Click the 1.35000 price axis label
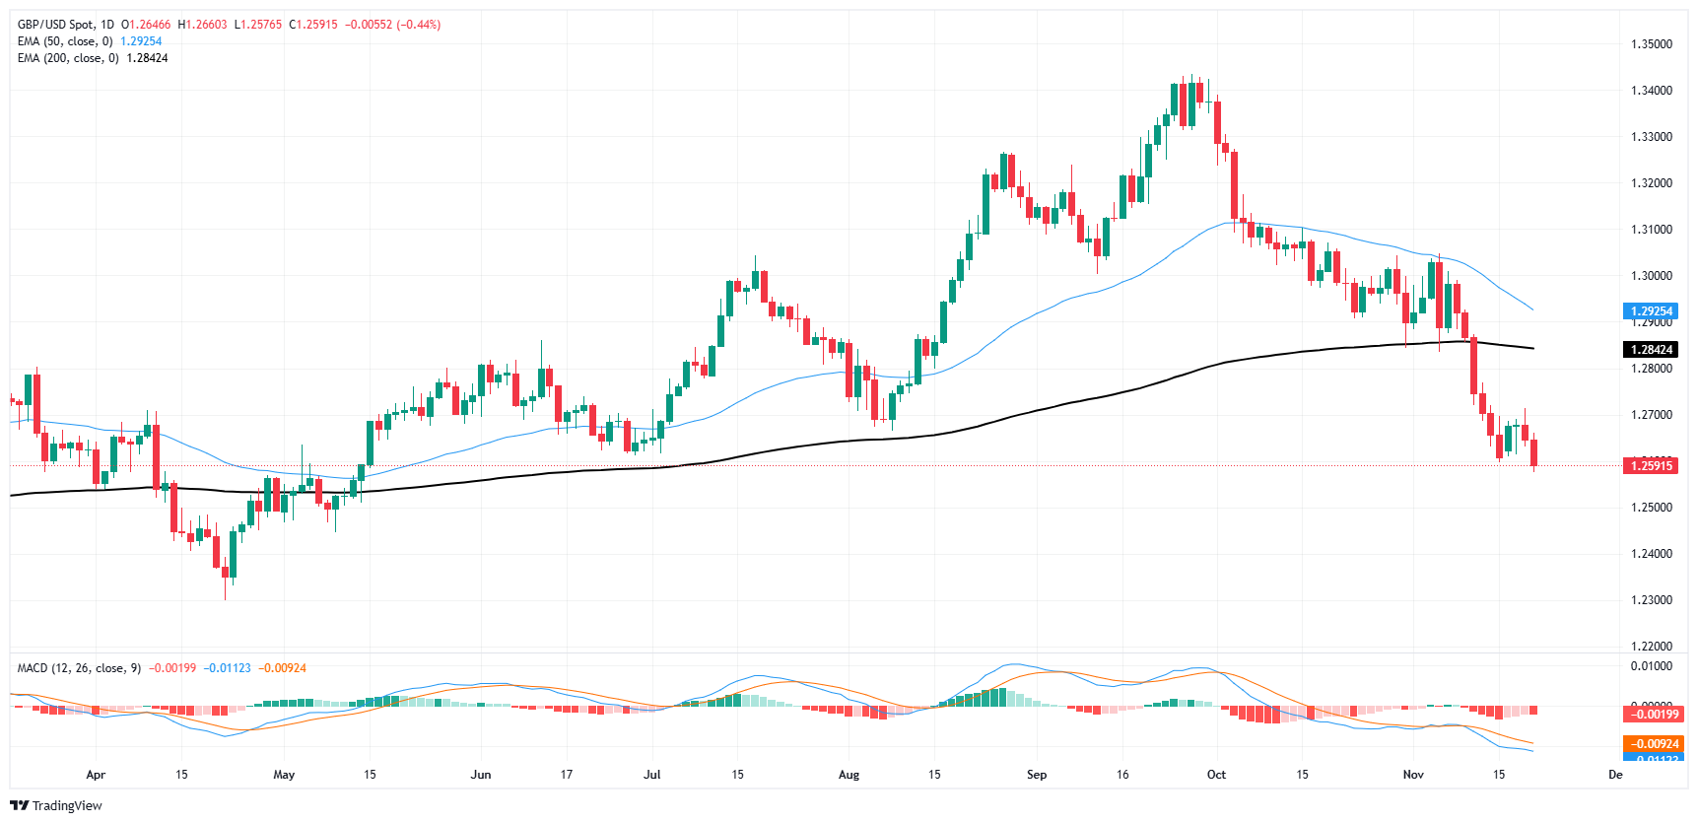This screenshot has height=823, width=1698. click(1651, 44)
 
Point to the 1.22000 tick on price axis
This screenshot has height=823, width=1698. click(1651, 647)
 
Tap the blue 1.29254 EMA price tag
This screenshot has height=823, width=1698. click(1651, 311)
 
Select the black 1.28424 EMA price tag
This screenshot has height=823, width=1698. click(1651, 350)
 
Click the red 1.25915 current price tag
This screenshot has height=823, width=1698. click(1651, 466)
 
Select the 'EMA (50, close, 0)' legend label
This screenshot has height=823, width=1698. click(65, 41)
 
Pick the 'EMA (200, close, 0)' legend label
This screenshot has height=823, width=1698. click(68, 58)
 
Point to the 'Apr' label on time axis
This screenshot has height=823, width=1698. click(96, 775)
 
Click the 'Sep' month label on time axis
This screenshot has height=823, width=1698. click(1037, 775)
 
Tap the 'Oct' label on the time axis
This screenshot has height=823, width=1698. click(1217, 775)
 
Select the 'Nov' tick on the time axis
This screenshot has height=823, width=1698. click(1413, 775)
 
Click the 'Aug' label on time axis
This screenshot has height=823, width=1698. click(849, 775)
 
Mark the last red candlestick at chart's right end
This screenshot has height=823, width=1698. click(1533, 453)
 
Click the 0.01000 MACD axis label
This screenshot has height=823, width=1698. click(1651, 666)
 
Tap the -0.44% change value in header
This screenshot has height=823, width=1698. click(419, 25)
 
